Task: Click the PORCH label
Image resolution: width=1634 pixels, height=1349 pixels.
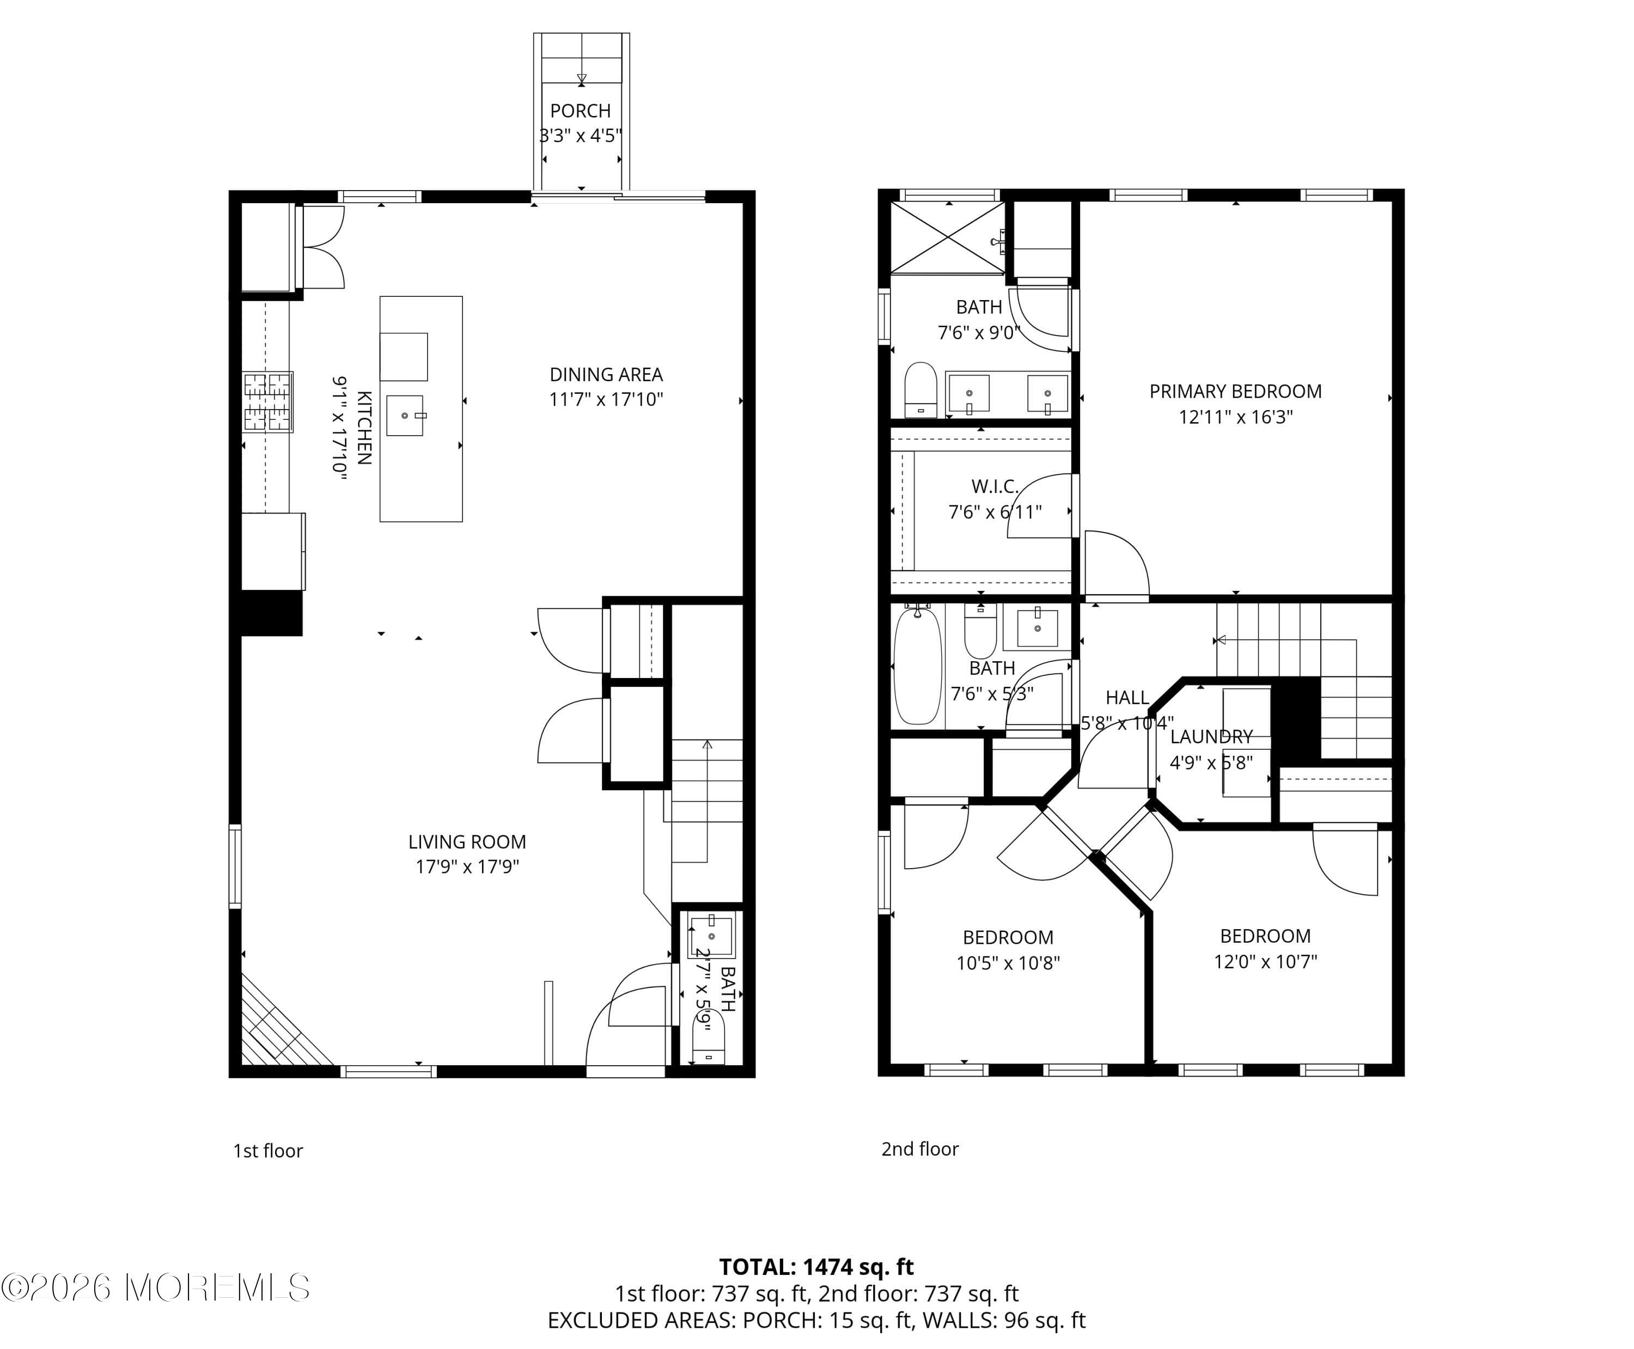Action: (x=581, y=111)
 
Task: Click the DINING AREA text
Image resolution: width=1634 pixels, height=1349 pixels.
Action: (x=606, y=375)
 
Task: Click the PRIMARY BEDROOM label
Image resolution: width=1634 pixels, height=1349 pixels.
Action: (x=1235, y=392)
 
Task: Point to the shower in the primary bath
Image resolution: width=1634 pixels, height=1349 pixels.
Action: (x=948, y=238)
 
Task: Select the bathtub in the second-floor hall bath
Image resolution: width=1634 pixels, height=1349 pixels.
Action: (x=918, y=666)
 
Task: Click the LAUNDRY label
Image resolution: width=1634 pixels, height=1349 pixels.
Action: (x=1211, y=737)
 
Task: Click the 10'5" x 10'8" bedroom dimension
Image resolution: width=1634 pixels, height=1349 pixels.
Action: (x=1008, y=963)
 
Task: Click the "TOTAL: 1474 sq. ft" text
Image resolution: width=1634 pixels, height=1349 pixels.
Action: (x=816, y=1267)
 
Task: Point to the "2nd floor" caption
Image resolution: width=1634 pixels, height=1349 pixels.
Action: (x=920, y=1149)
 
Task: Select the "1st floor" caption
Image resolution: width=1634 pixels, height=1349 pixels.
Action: (x=268, y=1151)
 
